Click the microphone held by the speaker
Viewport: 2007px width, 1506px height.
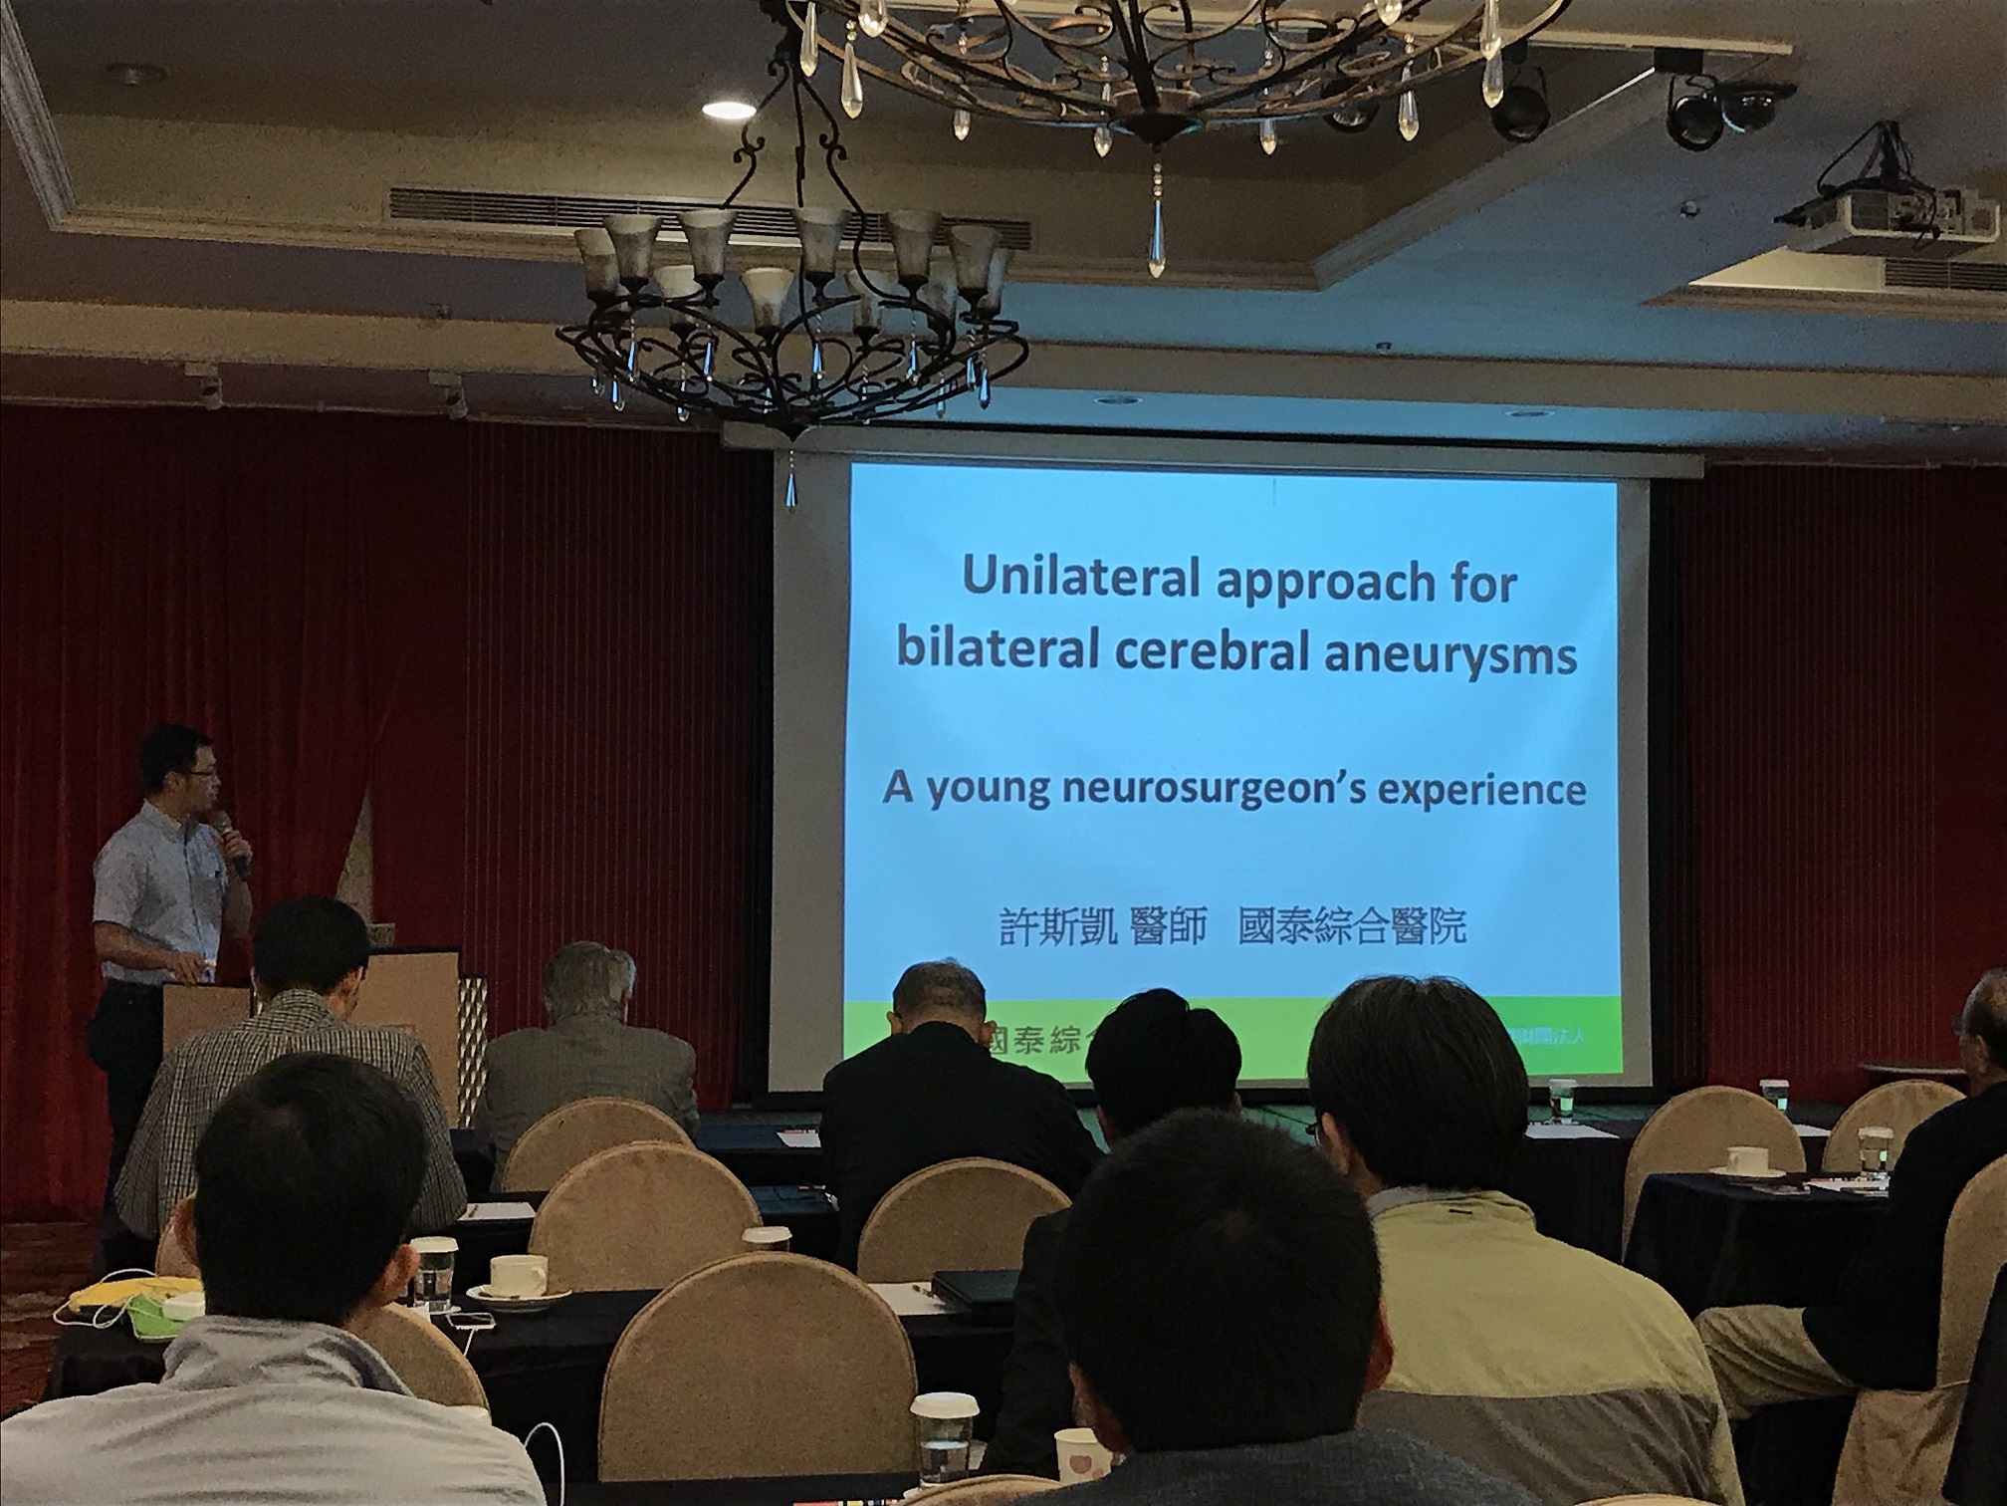[x=231, y=842]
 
